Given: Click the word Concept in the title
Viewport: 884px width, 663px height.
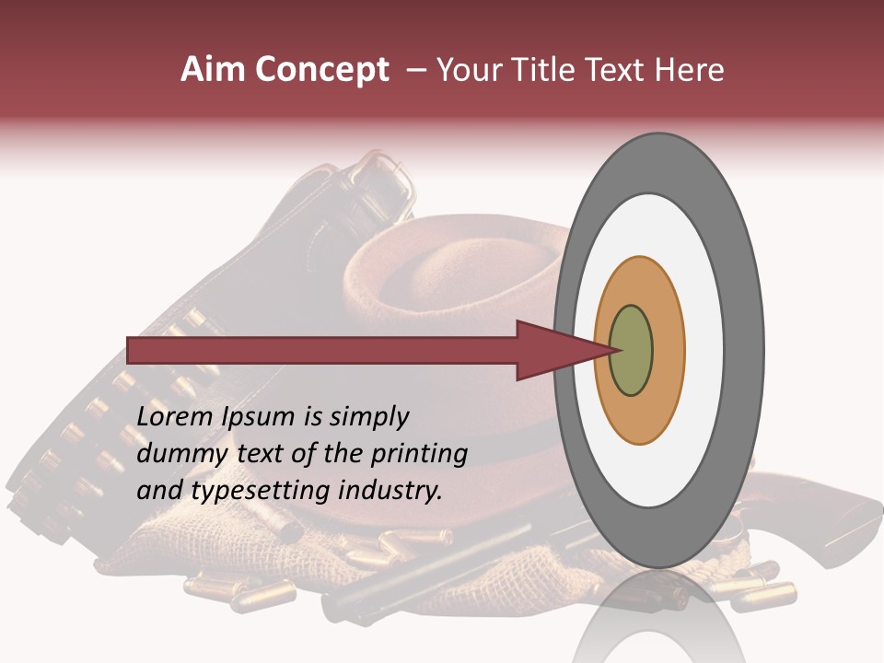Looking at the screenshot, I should (322, 70).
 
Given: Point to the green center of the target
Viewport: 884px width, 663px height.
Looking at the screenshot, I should (631, 350).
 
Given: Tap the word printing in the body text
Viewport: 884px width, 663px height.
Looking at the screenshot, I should (419, 454).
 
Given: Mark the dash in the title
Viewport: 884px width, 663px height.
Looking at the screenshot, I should (416, 70).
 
